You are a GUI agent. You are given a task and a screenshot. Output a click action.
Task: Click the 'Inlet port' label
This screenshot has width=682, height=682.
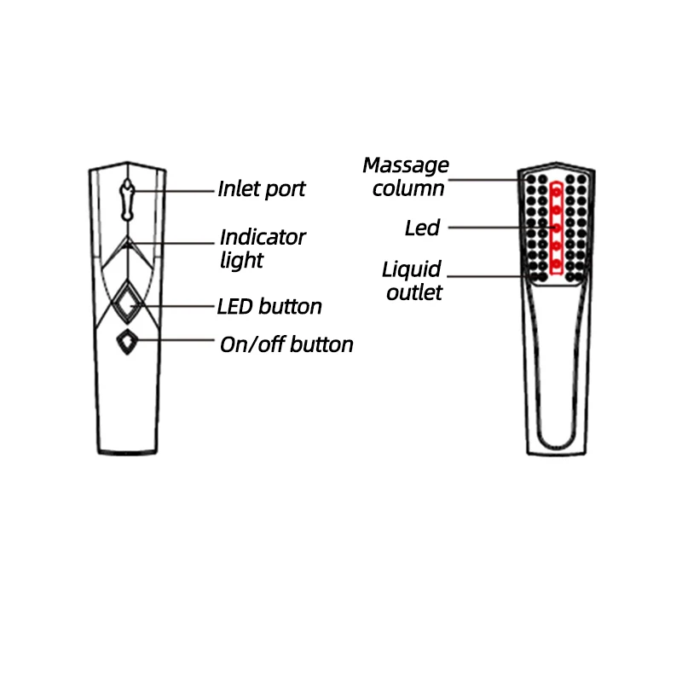tap(262, 189)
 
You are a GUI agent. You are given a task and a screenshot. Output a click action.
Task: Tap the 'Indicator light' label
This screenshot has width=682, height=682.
tap(263, 248)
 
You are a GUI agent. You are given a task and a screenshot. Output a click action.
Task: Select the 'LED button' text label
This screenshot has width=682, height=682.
tap(269, 307)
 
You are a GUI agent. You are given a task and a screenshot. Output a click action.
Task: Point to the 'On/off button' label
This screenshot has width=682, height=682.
tap(286, 344)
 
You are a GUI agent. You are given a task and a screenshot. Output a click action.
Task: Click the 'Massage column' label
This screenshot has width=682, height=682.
tap(406, 177)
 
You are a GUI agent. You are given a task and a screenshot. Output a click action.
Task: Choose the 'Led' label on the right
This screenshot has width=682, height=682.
tap(422, 228)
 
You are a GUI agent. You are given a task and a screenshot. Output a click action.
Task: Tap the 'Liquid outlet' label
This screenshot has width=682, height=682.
tap(412, 281)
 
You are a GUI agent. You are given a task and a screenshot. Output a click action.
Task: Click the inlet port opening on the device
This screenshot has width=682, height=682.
tap(127, 199)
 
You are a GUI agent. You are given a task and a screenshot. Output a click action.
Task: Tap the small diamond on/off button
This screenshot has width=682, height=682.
tap(127, 342)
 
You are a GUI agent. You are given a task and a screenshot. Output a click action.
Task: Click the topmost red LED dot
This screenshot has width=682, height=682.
tap(557, 192)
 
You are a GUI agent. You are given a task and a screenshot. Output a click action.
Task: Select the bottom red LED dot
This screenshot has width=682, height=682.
tap(557, 264)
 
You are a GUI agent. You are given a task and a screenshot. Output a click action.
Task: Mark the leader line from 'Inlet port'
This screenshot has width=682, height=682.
tap(172, 191)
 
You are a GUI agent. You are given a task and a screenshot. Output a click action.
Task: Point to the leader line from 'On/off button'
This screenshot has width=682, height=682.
tap(175, 339)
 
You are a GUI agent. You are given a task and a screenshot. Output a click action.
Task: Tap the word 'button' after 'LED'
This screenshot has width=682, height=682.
tap(290, 307)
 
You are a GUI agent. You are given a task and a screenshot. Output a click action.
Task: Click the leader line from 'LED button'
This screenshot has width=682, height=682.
tap(173, 306)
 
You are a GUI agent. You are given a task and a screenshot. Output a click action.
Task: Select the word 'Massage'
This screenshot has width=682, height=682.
tap(406, 165)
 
